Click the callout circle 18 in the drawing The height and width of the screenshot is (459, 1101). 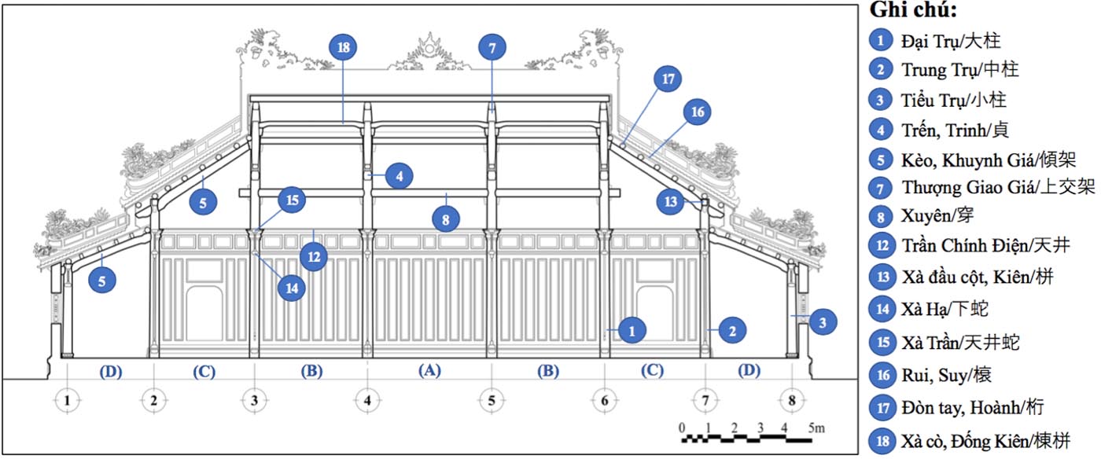343,47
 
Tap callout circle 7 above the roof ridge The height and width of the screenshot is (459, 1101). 492,48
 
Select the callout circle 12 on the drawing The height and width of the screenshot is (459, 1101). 314,256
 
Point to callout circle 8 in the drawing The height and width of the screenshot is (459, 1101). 446,219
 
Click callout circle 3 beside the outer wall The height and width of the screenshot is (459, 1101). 823,322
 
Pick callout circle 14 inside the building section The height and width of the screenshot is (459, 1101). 292,288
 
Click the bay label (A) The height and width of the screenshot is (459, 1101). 429,370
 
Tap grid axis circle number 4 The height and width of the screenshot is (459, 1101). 367,401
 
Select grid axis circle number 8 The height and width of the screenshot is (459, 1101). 792,401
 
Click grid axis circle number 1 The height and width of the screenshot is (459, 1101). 68,401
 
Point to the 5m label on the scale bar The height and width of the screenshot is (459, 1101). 816,428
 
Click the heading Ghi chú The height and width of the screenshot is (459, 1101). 913,10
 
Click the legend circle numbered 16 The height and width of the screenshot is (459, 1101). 882,375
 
